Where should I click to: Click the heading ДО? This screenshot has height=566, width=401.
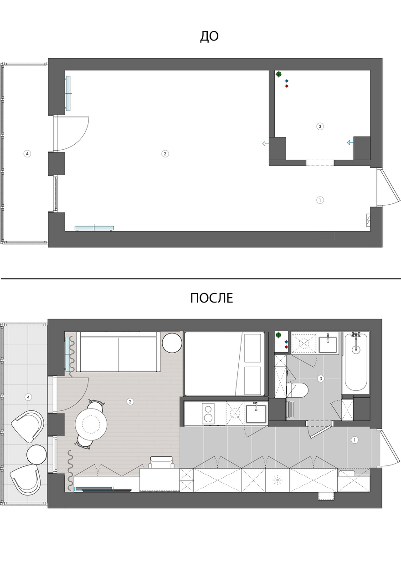[209, 36]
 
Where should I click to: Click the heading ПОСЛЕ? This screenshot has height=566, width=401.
[211, 298]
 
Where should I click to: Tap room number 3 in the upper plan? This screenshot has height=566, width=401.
[320, 126]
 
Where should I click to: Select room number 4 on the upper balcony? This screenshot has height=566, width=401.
[27, 153]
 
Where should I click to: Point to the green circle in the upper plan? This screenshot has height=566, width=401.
[279, 74]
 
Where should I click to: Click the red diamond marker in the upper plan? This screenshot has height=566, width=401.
[287, 86]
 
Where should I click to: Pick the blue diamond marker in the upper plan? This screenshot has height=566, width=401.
[287, 81]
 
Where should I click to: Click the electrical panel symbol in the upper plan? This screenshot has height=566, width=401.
[368, 220]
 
